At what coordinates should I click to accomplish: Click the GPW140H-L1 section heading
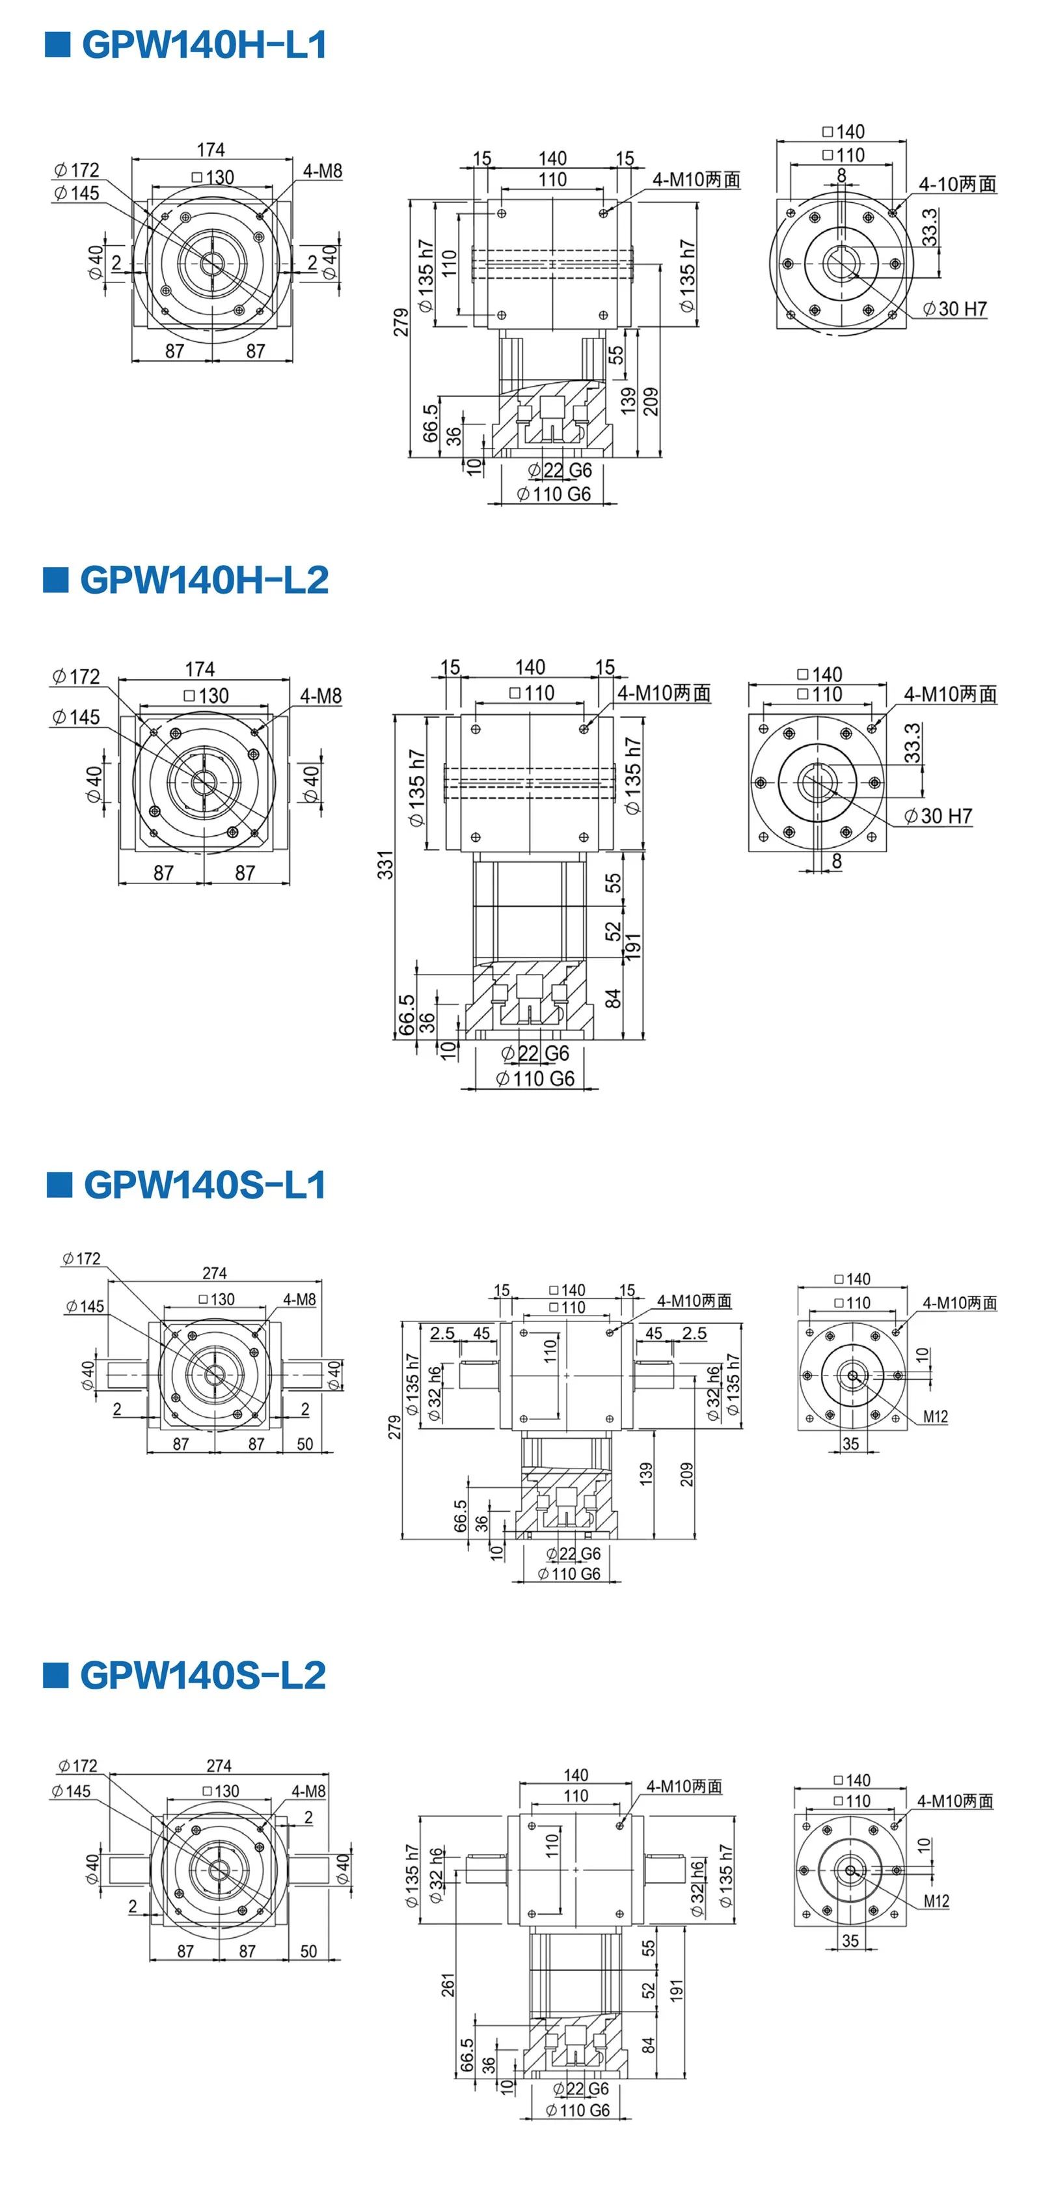[x=204, y=45]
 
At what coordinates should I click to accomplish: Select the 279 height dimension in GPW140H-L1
[x=400, y=322]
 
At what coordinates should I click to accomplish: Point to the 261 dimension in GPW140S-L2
[x=448, y=1985]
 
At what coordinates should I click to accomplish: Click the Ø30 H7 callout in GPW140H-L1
[x=954, y=309]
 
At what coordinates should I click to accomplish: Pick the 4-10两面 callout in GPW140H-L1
[x=957, y=184]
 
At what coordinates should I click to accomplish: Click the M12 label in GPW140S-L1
[x=935, y=1417]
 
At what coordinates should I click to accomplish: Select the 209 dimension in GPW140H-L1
[x=651, y=402]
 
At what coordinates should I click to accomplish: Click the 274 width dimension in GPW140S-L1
[x=215, y=1273]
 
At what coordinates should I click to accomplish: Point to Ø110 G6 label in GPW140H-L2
[x=535, y=1079]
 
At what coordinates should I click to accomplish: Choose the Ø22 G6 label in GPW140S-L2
[x=581, y=2088]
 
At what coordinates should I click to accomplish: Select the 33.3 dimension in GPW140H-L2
[x=912, y=743]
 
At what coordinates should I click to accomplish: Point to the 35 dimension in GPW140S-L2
[x=850, y=1941]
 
